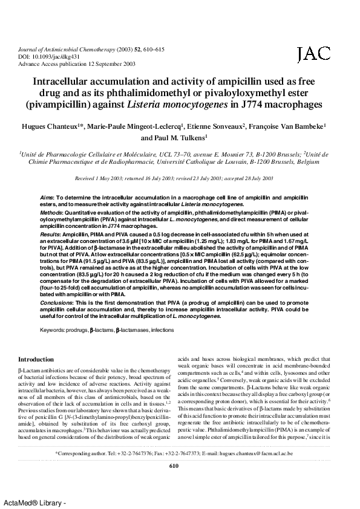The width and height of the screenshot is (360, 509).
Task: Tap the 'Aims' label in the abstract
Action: pyautogui.click(x=47, y=198)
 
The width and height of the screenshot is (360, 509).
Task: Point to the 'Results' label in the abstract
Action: pyautogui.click(x=50, y=232)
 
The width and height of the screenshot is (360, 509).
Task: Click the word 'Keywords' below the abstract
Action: pyautogui.click(x=53, y=331)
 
